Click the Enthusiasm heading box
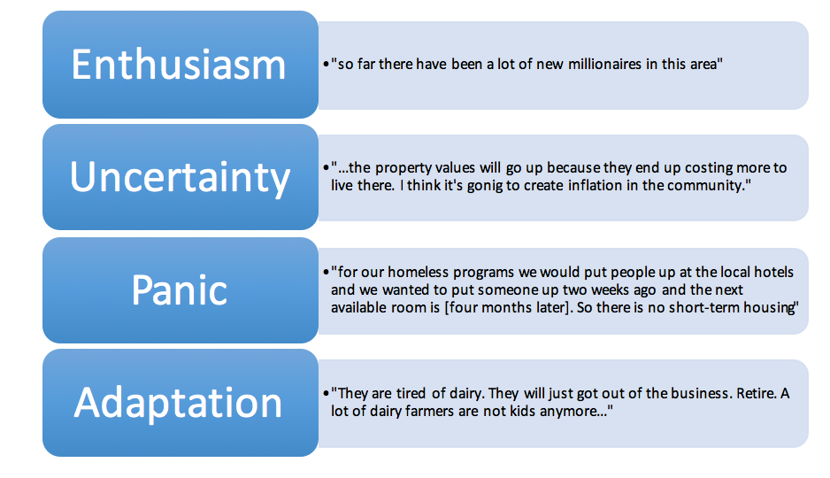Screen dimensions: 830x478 pyautogui.click(x=181, y=65)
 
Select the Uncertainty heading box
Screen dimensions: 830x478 pyautogui.click(x=181, y=177)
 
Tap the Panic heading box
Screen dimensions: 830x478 pyautogui.click(x=181, y=290)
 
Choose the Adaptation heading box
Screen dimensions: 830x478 pyautogui.click(x=181, y=403)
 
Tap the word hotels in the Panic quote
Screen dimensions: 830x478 pyautogui.click(x=774, y=272)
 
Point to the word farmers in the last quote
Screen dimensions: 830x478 pyautogui.click(x=427, y=412)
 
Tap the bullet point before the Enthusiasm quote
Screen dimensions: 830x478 pyautogui.click(x=326, y=65)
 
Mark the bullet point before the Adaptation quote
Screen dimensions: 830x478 pyautogui.click(x=326, y=393)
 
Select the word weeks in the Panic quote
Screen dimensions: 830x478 pyautogui.click(x=612, y=290)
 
